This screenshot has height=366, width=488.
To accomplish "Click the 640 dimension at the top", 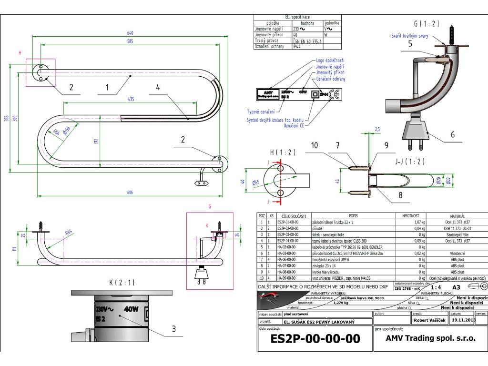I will pyautogui.click(x=130, y=33).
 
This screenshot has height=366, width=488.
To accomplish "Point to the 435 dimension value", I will pyautogui.click(x=131, y=99).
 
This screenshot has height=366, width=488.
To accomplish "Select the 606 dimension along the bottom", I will pyautogui.click(x=130, y=192).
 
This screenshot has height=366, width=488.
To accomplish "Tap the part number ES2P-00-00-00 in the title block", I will pyautogui.click(x=315, y=352).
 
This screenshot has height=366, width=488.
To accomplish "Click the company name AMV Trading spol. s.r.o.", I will pyautogui.click(x=430, y=352).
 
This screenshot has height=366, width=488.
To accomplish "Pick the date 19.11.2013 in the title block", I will pyautogui.click(x=462, y=320).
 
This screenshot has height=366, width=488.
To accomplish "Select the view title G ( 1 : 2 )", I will pyautogui.click(x=427, y=24).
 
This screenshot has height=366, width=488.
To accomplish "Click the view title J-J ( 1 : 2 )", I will pyautogui.click(x=410, y=161).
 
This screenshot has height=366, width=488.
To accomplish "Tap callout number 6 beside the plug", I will pyautogui.click(x=452, y=135).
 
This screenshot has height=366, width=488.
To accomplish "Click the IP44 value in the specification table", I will pyautogui.click(x=297, y=46).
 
